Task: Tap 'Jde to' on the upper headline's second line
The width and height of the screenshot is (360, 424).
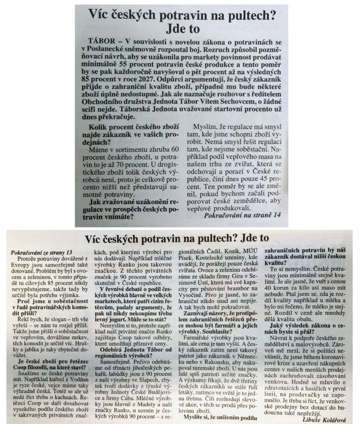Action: [x=182, y=29]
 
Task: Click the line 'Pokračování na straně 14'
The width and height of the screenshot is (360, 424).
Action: [x=242, y=215]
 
